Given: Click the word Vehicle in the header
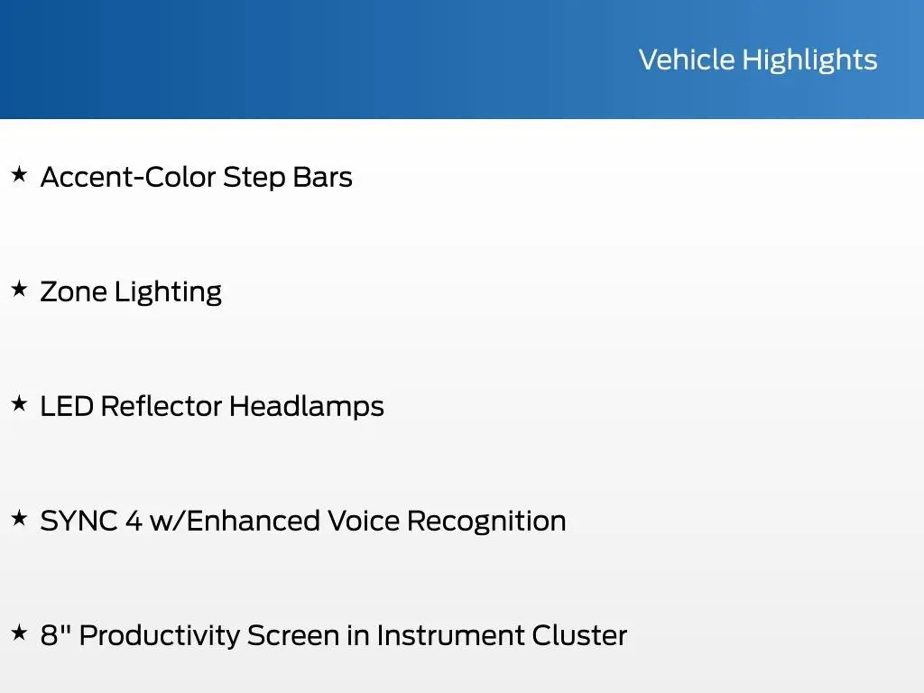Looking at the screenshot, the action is pyautogui.click(x=687, y=60).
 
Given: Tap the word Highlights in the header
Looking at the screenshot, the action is pyautogui.click(x=810, y=60).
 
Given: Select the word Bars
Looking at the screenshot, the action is pyautogui.click(x=322, y=177).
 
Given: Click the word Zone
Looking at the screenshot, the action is pyautogui.click(x=74, y=291).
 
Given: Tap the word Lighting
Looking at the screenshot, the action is pyautogui.click(x=168, y=292).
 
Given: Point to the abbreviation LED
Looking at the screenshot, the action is pyautogui.click(x=67, y=406).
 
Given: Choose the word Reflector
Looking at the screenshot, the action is pyautogui.click(x=161, y=406).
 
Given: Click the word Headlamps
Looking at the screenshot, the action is pyautogui.click(x=306, y=407).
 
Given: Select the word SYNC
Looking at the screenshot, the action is pyautogui.click(x=79, y=521).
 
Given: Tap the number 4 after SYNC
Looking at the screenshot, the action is pyautogui.click(x=134, y=521).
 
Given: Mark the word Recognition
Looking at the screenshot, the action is pyautogui.click(x=486, y=522).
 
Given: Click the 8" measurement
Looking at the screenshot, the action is pyautogui.click(x=55, y=635).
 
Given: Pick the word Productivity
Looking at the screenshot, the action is pyautogui.click(x=159, y=636).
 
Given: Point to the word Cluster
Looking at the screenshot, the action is pyautogui.click(x=579, y=635).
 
